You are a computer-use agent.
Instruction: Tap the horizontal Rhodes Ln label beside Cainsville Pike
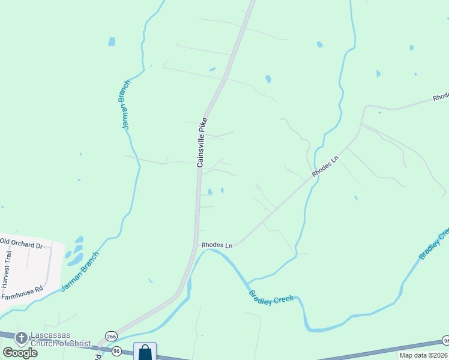click(x=217, y=245)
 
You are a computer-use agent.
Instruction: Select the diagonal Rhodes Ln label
click(x=325, y=166)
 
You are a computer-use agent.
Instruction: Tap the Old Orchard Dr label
click(x=22, y=244)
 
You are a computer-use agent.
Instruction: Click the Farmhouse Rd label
click(x=22, y=292)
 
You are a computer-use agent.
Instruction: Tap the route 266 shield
click(x=110, y=337)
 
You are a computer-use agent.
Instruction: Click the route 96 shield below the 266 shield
click(x=116, y=350)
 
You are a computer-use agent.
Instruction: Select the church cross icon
click(x=21, y=338)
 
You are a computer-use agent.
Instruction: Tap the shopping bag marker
click(x=145, y=351)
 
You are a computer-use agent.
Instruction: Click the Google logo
click(x=20, y=352)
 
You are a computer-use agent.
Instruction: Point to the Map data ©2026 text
click(x=423, y=355)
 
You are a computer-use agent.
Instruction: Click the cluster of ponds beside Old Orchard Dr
click(x=75, y=251)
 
